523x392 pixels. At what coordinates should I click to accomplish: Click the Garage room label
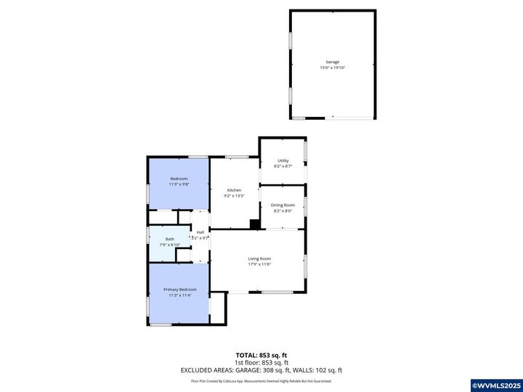[333, 62]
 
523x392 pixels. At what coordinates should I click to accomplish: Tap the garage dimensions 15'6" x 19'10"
[333, 68]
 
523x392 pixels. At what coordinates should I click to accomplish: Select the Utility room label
[283, 160]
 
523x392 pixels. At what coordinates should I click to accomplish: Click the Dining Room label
[283, 205]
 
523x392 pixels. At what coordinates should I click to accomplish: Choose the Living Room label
[259, 258]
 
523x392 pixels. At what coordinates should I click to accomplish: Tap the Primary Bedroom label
[179, 290]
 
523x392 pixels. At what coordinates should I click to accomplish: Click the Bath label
[169, 239]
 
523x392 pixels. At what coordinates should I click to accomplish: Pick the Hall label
[200, 232]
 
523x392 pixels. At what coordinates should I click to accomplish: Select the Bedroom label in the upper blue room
[179, 179]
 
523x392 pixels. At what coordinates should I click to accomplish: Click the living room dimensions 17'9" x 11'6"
[259, 264]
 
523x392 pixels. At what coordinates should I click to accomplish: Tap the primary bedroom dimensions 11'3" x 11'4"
[179, 295]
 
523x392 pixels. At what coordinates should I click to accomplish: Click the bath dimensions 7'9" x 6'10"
[169, 245]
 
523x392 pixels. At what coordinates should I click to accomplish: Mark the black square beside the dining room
[255, 224]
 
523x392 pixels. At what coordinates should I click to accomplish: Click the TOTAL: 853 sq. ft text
[261, 355]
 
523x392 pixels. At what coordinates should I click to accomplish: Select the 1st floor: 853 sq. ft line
[261, 362]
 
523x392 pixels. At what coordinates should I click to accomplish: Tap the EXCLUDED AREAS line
[261, 370]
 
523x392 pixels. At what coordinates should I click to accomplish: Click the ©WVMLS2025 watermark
[496, 385]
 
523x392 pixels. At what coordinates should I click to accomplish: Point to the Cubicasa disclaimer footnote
[261, 380]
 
